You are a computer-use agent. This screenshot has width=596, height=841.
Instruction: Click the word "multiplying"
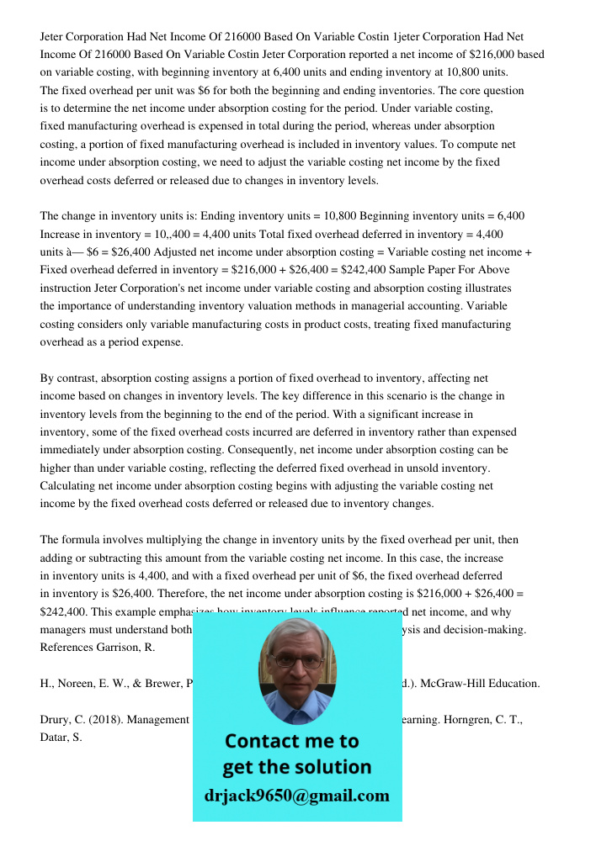pos(145,540)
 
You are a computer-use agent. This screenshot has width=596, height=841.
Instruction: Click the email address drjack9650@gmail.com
pos(297,796)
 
